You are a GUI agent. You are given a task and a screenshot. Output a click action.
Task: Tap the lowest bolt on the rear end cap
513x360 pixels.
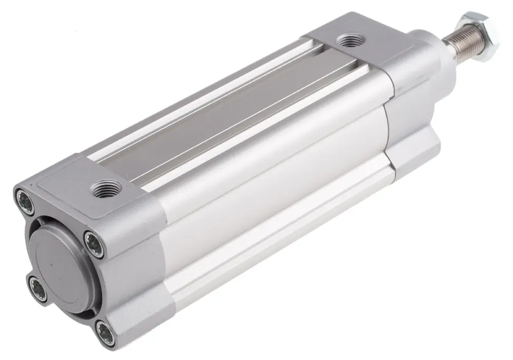pyautogui.click(x=106, y=330)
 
